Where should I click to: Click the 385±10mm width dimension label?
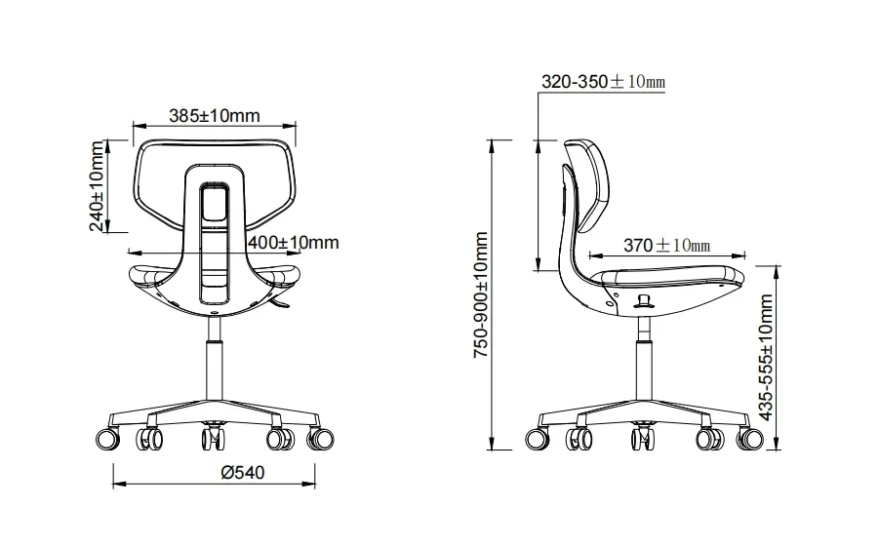[x=215, y=115]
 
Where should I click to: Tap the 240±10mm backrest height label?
[x=97, y=186]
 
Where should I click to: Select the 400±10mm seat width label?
[x=294, y=242]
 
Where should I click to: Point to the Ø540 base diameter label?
[x=243, y=473]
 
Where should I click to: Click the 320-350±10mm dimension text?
[x=603, y=81]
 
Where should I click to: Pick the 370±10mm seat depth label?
[x=667, y=245]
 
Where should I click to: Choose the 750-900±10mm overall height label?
[x=481, y=294]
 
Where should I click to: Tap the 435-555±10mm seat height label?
[x=765, y=357]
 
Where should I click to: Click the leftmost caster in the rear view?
[x=107, y=438]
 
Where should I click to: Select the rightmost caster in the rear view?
[x=320, y=438]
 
